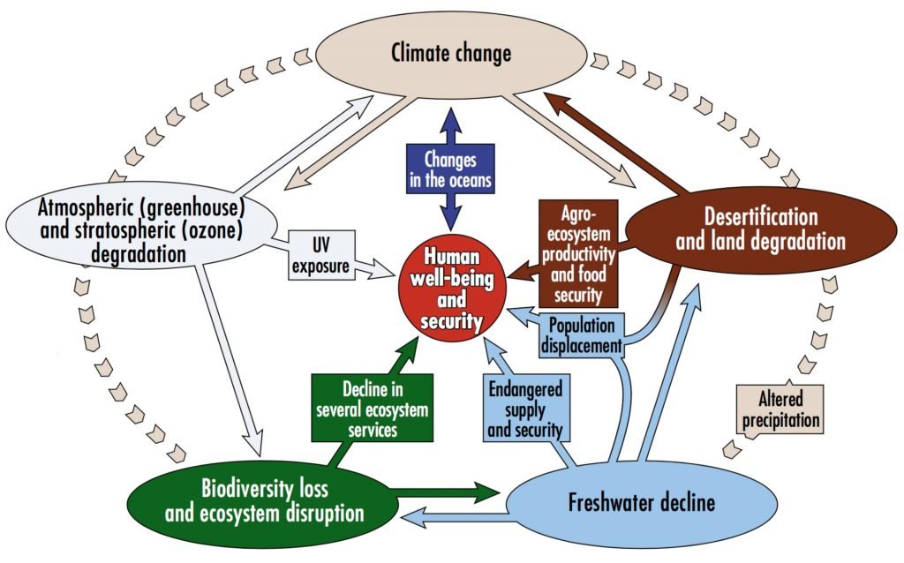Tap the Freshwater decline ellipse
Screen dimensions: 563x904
(643, 504)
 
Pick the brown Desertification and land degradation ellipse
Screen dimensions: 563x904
(760, 228)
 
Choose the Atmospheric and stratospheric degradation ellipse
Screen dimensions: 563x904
(141, 229)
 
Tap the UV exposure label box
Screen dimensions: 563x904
(320, 254)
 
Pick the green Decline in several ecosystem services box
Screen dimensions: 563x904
(372, 409)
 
